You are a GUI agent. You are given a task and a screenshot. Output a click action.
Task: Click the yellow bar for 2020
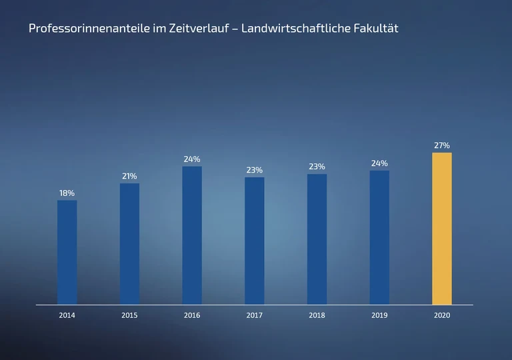[x=442, y=228]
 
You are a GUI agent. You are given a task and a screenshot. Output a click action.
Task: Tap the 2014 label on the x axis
[x=67, y=315]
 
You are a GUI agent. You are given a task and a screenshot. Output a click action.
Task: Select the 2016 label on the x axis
[x=192, y=315]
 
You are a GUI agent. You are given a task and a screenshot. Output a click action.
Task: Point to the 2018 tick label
[x=317, y=315]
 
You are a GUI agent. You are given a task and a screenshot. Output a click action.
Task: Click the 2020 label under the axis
[x=442, y=315]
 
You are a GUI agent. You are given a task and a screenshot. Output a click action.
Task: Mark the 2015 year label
[x=130, y=315]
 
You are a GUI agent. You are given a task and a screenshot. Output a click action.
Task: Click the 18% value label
[x=67, y=193]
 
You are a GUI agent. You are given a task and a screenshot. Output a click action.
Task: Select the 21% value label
[x=129, y=176]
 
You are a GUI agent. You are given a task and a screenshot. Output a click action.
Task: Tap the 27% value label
[x=442, y=145]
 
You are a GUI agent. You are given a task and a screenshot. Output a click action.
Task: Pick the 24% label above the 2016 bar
[x=192, y=159]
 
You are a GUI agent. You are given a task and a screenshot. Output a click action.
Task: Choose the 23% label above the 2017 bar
[x=255, y=170]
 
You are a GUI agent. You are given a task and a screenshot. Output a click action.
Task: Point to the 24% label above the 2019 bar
[x=379, y=163]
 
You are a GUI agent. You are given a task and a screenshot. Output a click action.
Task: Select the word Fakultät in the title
[x=375, y=29]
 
